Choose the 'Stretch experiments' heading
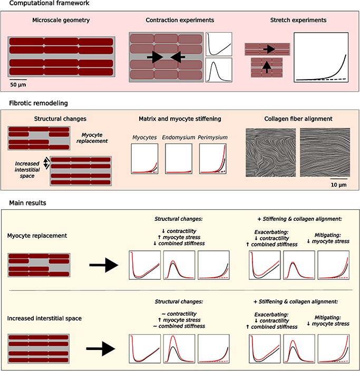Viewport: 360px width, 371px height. point(298,21)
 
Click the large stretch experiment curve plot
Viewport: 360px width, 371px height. point(322,58)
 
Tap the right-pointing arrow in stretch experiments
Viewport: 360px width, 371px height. point(269,49)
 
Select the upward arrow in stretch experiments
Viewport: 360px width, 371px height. point(269,67)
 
